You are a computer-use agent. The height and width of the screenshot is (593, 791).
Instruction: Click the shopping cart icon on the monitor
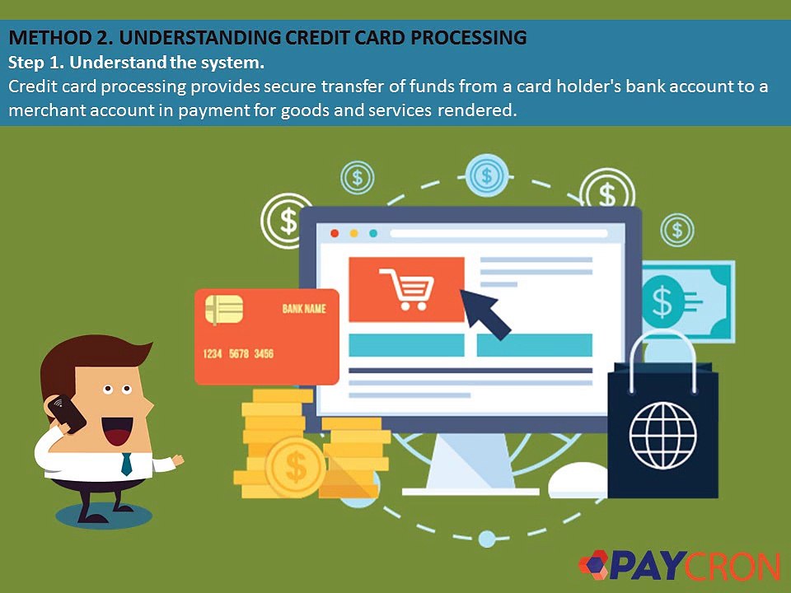point(406,289)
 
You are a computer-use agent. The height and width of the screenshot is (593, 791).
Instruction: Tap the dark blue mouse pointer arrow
point(484,313)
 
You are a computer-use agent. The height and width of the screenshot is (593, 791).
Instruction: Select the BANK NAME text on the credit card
point(304,309)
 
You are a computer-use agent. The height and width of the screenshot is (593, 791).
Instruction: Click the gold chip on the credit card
point(224,309)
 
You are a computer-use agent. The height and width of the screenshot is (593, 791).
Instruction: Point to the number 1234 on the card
point(213,353)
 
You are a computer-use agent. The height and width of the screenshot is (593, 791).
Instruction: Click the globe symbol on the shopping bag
point(662,435)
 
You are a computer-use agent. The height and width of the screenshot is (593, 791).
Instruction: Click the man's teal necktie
point(126,464)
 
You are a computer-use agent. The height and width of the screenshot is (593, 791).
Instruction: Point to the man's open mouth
point(117,431)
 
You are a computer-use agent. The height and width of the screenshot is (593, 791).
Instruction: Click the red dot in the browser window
point(335,233)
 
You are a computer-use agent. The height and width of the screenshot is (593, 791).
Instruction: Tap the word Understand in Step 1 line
point(118,63)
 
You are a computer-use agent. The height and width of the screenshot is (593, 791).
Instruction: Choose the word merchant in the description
point(47,110)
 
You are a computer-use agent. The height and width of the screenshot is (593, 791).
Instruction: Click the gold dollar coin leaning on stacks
point(295,467)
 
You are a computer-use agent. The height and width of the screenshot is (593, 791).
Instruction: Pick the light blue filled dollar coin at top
point(487,175)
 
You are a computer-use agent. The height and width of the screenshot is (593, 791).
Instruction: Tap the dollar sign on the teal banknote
point(662,301)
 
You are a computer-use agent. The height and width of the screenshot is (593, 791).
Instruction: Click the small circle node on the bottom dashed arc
point(487,539)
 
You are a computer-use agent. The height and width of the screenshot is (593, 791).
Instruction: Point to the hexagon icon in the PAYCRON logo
point(593,563)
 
